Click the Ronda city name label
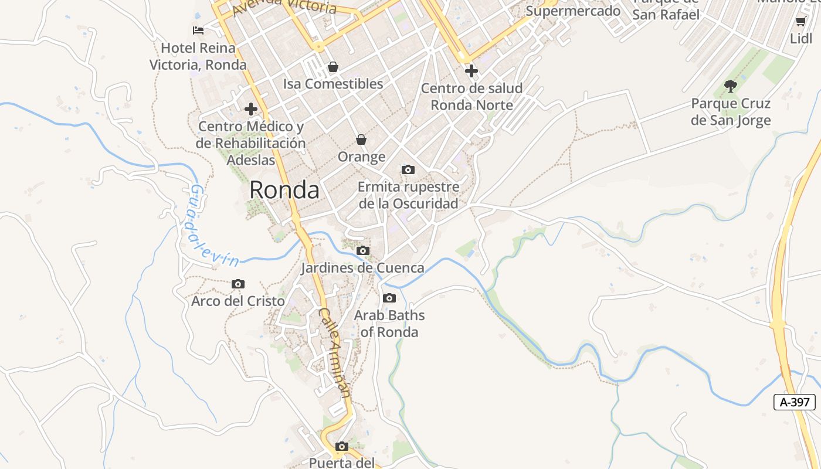click(x=284, y=190)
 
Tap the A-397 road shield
click(x=795, y=402)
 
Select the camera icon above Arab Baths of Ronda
click(x=389, y=298)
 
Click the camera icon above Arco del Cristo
click(x=238, y=284)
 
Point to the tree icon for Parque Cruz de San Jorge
click(x=730, y=86)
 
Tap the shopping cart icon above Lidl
click(x=800, y=22)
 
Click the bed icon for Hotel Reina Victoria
click(x=198, y=30)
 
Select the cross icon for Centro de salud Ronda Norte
click(x=471, y=72)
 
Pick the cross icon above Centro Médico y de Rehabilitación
click(x=251, y=109)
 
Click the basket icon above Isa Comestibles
click(x=333, y=67)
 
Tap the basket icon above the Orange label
click(x=361, y=140)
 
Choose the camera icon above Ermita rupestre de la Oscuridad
click(x=408, y=170)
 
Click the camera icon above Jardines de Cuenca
click(x=363, y=251)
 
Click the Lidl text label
click(x=801, y=39)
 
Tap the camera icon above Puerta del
click(x=342, y=447)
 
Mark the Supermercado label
click(x=573, y=11)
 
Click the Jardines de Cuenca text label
click(x=362, y=268)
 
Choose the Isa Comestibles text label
click(x=333, y=84)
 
